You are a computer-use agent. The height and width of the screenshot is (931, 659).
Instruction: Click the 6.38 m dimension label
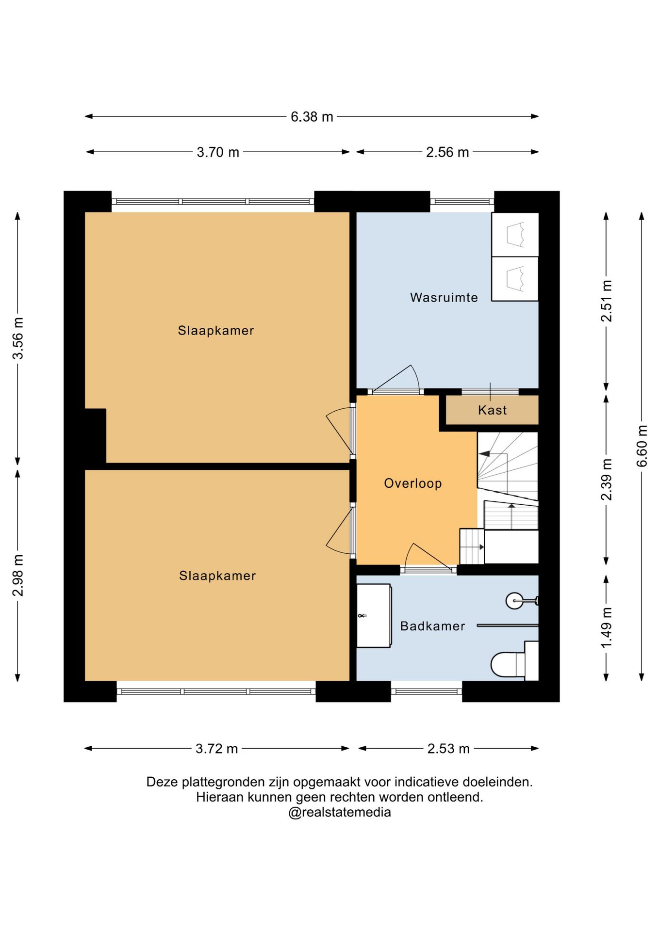click(312, 117)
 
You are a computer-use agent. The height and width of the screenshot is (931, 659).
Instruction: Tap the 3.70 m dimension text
click(218, 152)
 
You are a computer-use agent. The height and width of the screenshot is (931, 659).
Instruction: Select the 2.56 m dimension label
click(447, 152)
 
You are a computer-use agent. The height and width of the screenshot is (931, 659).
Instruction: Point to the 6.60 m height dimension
click(642, 446)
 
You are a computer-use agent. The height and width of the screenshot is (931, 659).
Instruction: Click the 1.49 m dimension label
click(606, 627)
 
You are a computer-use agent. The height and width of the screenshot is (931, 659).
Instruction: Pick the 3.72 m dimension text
click(217, 749)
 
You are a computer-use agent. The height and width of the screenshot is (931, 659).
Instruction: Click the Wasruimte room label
click(444, 297)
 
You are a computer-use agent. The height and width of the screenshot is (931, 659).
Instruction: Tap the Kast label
click(492, 410)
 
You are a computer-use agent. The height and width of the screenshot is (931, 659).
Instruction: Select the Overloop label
click(413, 483)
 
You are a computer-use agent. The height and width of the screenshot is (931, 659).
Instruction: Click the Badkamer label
click(432, 626)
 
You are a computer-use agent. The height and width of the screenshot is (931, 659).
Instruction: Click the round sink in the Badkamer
click(515, 601)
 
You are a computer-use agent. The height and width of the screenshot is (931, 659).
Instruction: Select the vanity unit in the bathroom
click(374, 616)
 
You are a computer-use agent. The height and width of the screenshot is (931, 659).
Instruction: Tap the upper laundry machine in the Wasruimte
click(515, 235)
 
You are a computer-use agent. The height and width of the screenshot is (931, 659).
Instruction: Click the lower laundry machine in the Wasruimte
click(515, 279)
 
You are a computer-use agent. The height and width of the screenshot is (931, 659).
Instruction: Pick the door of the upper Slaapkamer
click(340, 431)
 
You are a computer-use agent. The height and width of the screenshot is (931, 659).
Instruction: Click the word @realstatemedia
click(340, 812)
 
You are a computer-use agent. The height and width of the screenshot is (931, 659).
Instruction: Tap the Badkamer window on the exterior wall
click(427, 691)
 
